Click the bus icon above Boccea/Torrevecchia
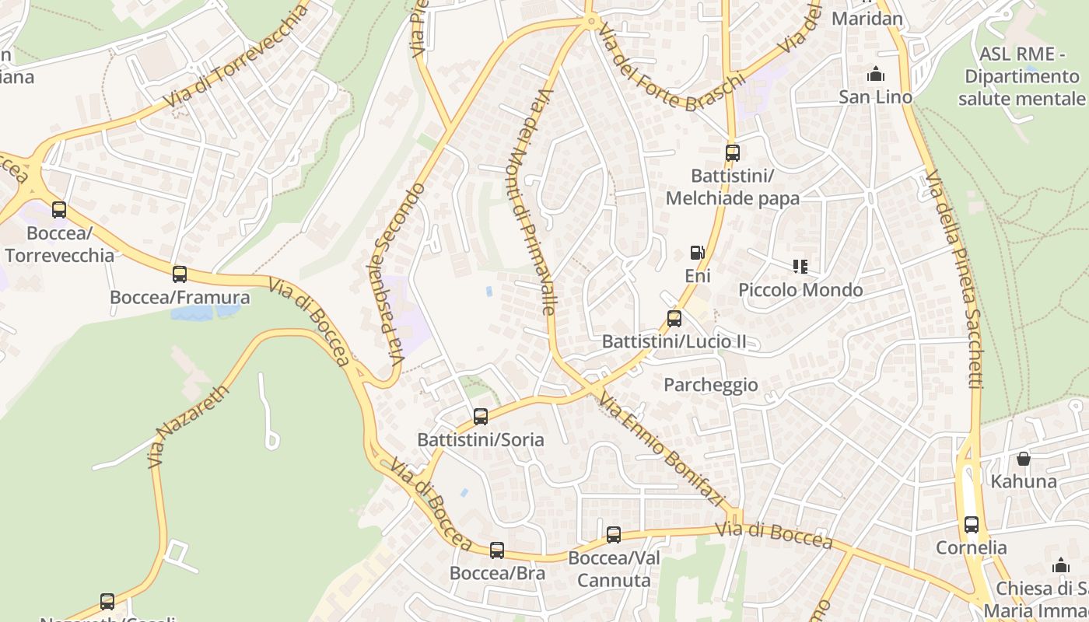coord(59,209)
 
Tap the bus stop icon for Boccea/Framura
coord(180,274)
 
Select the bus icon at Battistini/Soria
coord(481,416)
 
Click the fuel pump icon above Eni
coord(698,253)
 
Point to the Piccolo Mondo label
coord(800,290)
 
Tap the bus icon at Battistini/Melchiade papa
coord(732,153)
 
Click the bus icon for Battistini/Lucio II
coord(674,318)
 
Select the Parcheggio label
coord(710,385)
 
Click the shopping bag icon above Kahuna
coord(1024,459)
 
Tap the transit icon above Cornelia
coord(972,524)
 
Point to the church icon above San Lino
coord(876,75)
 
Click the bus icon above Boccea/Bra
coord(497,550)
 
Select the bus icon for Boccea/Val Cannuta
coord(614,534)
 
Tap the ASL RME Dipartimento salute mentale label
coord(1021,76)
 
